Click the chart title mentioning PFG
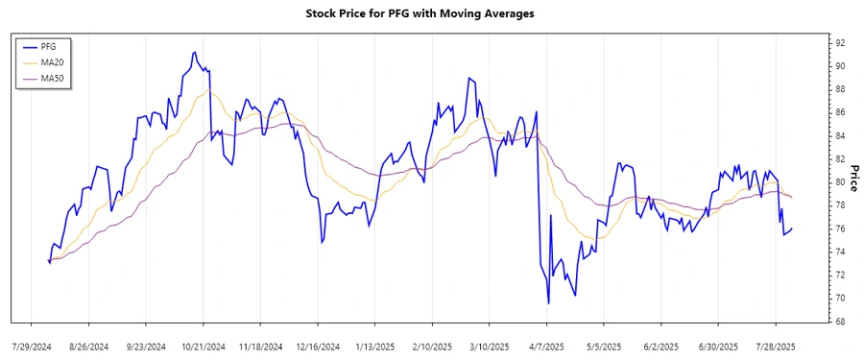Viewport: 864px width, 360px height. pos(419,13)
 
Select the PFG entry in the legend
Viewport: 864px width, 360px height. pos(49,45)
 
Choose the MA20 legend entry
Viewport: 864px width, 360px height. pos(52,61)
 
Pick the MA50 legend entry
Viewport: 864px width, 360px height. pos(52,78)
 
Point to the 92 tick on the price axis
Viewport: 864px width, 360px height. pos(840,43)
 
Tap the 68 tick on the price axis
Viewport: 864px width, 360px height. pos(840,322)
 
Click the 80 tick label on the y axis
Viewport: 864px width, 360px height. pos(840,182)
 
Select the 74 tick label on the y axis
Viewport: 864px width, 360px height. pos(840,252)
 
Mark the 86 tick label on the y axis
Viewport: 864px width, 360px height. pos(840,112)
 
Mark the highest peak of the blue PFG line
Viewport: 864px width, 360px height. pos(195,52)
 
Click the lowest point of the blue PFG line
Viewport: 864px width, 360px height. pos(548,303)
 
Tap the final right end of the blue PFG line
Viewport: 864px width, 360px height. pos(791,228)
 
